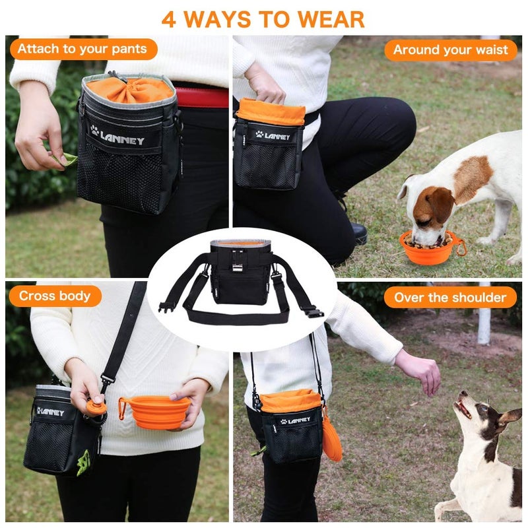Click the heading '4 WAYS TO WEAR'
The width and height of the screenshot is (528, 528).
click(263, 18)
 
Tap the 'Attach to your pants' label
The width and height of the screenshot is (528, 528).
click(82, 49)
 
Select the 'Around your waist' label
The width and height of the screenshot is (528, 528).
click(451, 49)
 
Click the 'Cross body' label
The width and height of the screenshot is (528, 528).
click(55, 296)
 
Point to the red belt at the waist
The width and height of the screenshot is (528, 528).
click(201, 98)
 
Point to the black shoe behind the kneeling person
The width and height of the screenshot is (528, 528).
click(359, 232)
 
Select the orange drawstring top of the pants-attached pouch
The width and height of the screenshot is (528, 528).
click(130, 89)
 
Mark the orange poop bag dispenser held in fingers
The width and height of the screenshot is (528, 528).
click(96, 407)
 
